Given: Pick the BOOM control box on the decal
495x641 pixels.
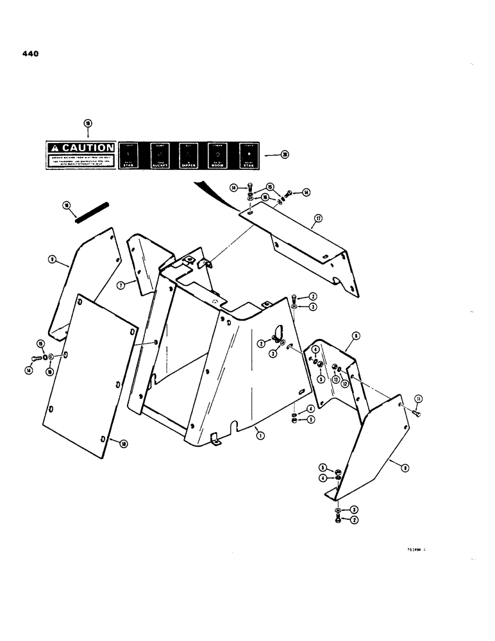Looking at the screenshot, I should (x=217, y=156).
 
